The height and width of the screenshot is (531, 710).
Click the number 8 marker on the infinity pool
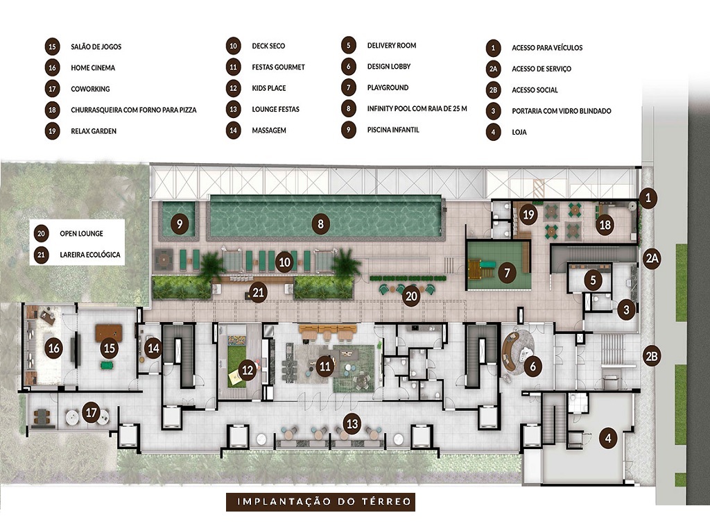(320, 224)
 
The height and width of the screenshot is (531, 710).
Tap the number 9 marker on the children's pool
(180, 224)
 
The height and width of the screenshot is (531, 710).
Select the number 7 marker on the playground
(508, 273)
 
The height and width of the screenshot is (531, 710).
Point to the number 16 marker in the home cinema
(53, 348)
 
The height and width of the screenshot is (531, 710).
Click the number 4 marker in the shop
(608, 438)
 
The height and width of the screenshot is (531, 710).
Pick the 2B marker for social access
(651, 356)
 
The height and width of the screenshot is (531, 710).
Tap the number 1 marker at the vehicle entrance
(648, 199)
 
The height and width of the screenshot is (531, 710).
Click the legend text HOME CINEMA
(93, 68)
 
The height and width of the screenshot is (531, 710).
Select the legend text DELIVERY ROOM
(392, 46)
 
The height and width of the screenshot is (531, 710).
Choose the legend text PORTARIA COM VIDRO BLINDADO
(562, 111)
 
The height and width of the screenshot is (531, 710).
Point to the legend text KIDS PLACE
(269, 88)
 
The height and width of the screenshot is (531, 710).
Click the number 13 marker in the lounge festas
(353, 423)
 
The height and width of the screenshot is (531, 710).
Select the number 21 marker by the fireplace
(259, 293)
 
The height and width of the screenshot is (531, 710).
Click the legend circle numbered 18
(53, 110)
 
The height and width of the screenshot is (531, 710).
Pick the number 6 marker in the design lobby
(532, 366)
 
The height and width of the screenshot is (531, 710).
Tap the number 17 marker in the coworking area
(91, 412)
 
